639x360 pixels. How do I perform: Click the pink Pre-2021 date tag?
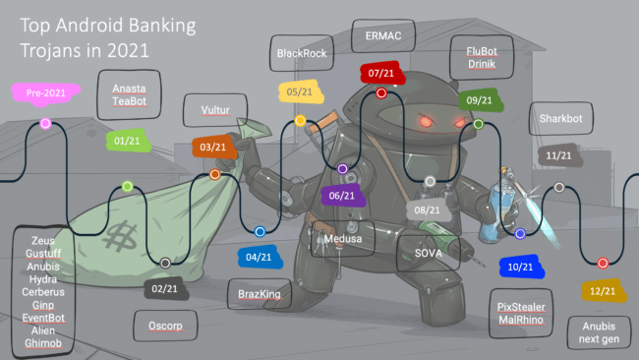point(46,92)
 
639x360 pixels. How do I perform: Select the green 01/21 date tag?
point(127,140)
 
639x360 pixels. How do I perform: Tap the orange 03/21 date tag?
point(213,147)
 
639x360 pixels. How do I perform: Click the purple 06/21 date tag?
point(343,195)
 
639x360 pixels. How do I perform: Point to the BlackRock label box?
point(301,52)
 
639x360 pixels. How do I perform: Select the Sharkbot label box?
point(561,119)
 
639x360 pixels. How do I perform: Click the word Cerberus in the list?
point(43,292)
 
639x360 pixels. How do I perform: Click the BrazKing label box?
point(259,292)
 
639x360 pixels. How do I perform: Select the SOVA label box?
point(429,253)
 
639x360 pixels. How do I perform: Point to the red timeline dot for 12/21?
point(603,263)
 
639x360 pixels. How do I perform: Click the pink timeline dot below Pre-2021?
point(45,123)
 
